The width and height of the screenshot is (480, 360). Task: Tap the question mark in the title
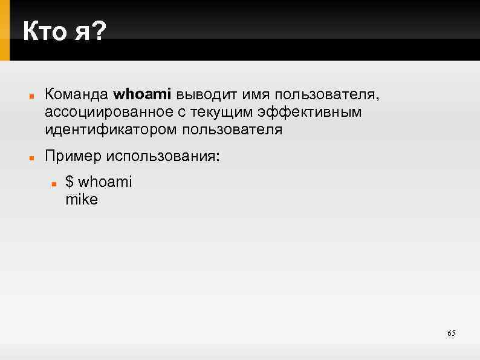point(97,31)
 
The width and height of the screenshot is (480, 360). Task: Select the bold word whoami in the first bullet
point(143,94)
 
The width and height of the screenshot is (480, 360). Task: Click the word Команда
point(77,94)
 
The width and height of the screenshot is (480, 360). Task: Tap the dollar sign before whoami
point(70,182)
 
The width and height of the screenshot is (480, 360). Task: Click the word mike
point(81,199)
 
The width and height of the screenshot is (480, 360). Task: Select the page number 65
point(451,333)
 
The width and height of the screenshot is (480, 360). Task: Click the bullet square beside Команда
point(30,96)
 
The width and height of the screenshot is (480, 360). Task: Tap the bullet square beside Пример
point(30,157)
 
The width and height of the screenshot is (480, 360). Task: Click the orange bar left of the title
point(5,30)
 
